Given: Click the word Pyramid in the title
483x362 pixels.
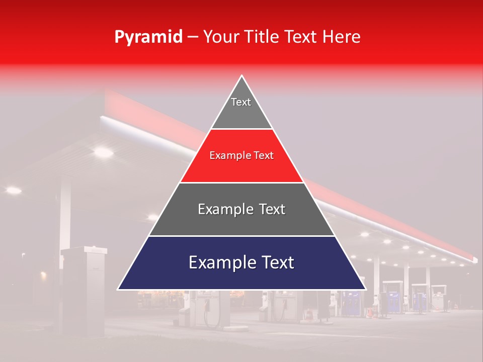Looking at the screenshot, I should tap(148, 37).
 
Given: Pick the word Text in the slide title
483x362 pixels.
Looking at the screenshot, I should tap(301, 37).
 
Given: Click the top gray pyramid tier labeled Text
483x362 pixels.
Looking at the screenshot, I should tap(241, 108).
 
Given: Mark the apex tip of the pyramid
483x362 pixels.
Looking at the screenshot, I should tap(242, 76).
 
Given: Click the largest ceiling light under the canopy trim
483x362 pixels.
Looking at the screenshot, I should tap(103, 151).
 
